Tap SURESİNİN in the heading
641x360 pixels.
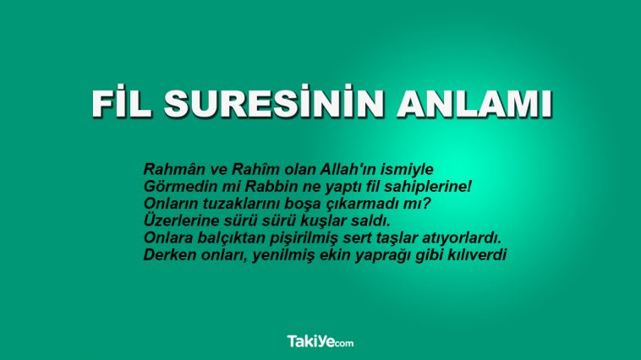click(x=274, y=102)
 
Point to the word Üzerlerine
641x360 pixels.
click(x=181, y=221)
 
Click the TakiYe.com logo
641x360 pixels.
click(x=320, y=341)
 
